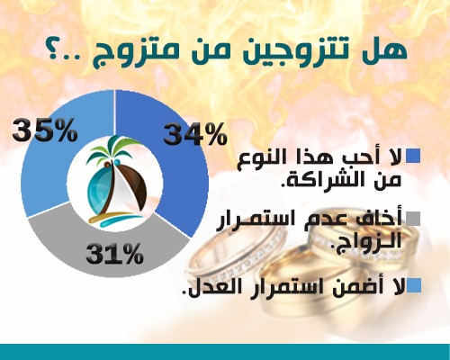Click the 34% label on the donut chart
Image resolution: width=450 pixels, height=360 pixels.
pyautogui.click(x=194, y=134)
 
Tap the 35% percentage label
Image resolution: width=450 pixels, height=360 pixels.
pyautogui.click(x=45, y=130)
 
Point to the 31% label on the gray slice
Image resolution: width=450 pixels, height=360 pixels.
pyautogui.click(x=114, y=253)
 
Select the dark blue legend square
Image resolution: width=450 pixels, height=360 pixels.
pyautogui.click(x=413, y=156)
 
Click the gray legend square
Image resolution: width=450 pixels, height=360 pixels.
pyautogui.click(x=413, y=219)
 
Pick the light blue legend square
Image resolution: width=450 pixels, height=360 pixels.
pyautogui.click(x=413, y=285)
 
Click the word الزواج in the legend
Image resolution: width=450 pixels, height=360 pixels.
pyautogui.click(x=364, y=240)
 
